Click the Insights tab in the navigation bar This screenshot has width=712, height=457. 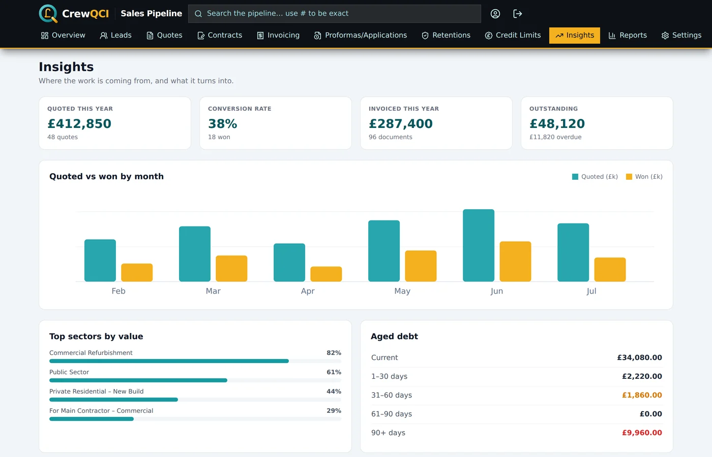pos(574,35)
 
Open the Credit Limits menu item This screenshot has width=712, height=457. pos(513,35)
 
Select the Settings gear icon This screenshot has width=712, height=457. pos(665,36)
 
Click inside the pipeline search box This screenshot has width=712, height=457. pos(335,14)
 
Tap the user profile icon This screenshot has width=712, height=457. pos(495,14)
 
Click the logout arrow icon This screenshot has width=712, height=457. pos(518,14)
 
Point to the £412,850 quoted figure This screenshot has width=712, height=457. pos(79,123)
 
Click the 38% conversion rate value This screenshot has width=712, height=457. pos(223,123)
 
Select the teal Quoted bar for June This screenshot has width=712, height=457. pos(479,245)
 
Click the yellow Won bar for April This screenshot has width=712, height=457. pos(326,274)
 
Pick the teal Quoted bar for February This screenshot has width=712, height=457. pos(100,260)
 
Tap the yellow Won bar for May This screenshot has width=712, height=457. pos(421,266)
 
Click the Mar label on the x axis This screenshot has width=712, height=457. pos(213,291)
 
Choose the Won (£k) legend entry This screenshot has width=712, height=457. pos(644,177)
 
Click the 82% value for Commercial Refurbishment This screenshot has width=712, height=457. pos(334,353)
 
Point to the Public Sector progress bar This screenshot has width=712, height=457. pos(138,380)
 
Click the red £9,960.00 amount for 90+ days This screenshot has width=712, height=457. pos(642,433)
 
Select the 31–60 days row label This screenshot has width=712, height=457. pos(391,395)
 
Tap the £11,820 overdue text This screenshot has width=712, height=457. pos(555,137)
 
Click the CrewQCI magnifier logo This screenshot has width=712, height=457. pos(48,14)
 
